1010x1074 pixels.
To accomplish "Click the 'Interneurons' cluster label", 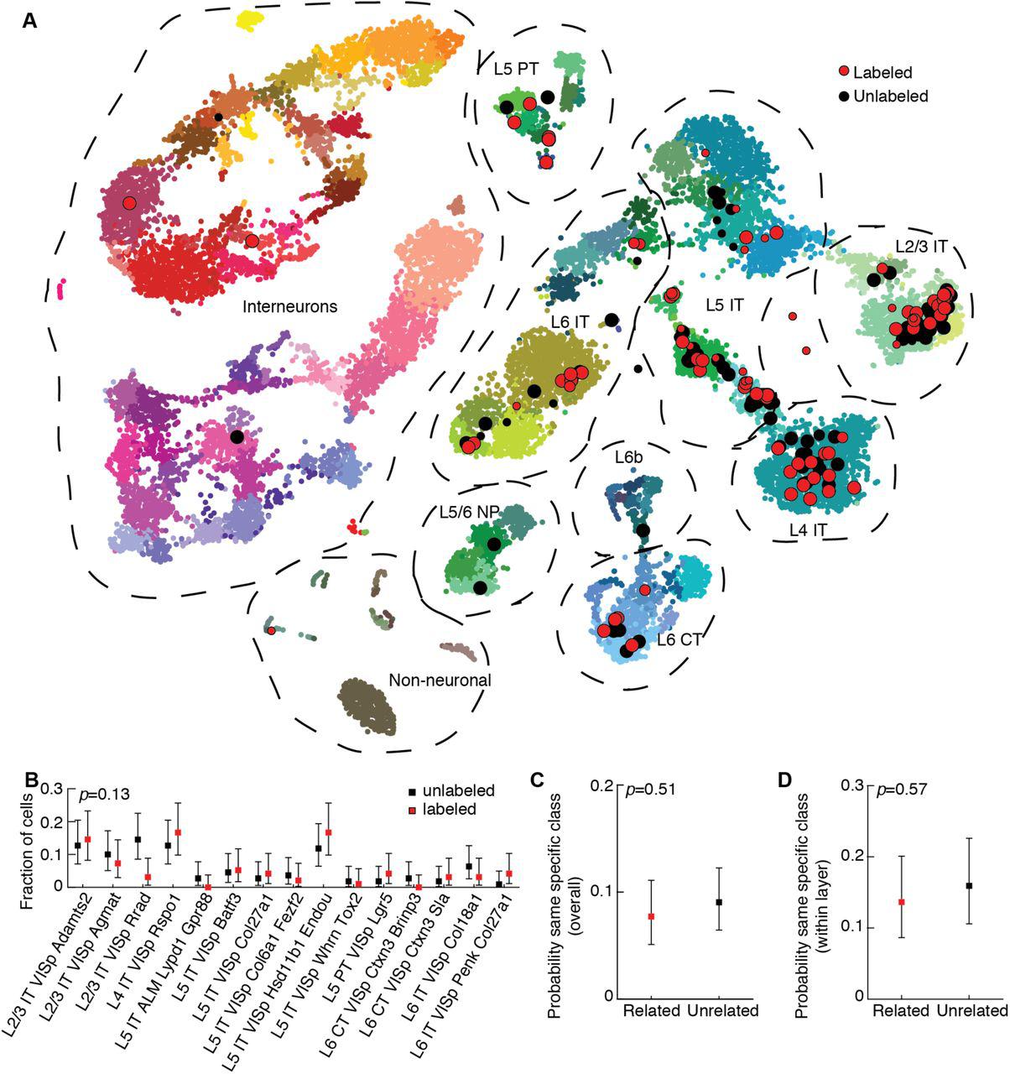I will tap(289, 307).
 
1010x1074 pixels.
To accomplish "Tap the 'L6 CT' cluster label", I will tap(679, 640).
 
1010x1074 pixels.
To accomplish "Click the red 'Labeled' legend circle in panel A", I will tap(845, 73).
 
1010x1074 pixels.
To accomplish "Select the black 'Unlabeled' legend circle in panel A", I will tap(845, 96).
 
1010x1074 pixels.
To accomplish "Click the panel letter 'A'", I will tap(29, 20).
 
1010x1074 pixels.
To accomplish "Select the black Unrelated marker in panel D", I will tap(969, 885).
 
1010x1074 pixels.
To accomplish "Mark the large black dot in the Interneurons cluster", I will tap(237, 436).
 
